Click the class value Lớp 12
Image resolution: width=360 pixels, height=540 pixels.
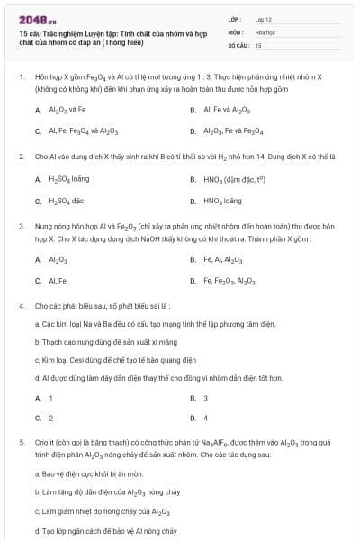click(264, 18)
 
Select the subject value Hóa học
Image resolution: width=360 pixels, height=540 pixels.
click(265, 31)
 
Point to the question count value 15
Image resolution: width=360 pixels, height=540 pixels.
click(258, 44)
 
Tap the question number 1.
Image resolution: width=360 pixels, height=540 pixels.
click(21, 78)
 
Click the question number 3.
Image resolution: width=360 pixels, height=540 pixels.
click(21, 228)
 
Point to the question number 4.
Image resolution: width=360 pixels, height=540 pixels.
click(21, 306)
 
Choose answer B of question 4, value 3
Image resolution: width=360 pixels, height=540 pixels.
click(205, 398)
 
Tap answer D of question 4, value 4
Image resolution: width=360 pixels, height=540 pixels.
click(205, 418)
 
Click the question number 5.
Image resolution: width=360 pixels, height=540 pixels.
click(21, 443)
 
